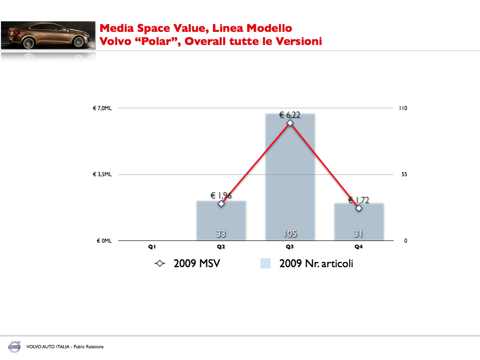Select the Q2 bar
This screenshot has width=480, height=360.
coord(221,220)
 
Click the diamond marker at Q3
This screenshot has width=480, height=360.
coord(290,123)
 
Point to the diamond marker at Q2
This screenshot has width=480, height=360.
coord(221,203)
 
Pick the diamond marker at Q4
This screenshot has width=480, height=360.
coord(359,208)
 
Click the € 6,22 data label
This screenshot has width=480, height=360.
coord(290,114)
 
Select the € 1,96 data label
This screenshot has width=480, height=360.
coord(221,195)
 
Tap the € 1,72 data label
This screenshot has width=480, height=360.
coord(359,200)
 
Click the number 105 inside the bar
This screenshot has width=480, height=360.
coord(290,233)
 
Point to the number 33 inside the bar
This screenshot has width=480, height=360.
coord(221,233)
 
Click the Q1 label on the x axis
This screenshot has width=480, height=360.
coord(152,247)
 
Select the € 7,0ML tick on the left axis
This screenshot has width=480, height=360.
coord(102,108)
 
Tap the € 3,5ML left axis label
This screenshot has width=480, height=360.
coord(102,174)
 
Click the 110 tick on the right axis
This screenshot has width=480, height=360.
coord(403,108)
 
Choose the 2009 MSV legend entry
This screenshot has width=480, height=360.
coord(187,263)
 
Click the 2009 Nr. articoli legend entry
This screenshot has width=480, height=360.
coord(307,263)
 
